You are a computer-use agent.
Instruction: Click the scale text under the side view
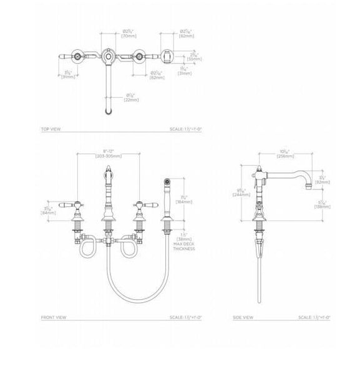[314, 317]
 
